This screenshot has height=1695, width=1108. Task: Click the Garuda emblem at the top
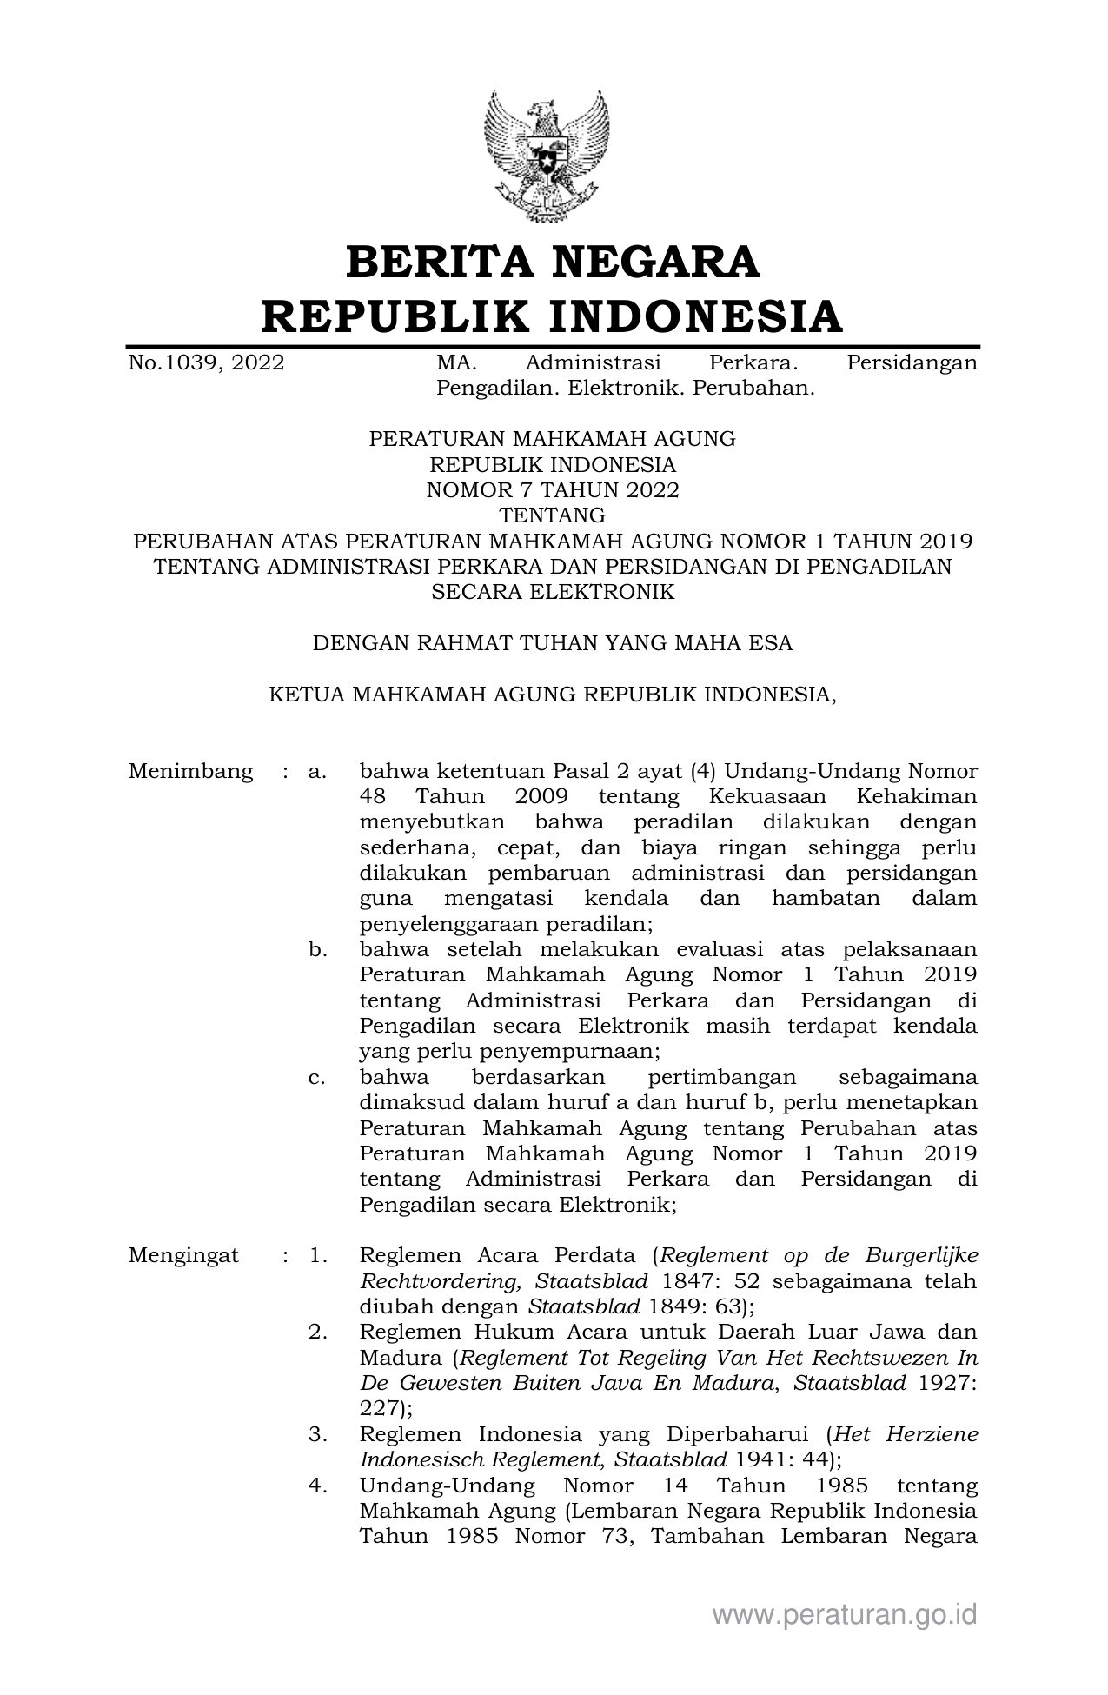tap(547, 156)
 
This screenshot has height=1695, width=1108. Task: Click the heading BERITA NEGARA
tap(553, 263)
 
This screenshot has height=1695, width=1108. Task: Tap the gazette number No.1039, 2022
tap(206, 362)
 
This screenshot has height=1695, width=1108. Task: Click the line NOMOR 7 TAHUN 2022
tap(553, 490)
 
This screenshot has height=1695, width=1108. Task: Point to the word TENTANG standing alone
tap(553, 515)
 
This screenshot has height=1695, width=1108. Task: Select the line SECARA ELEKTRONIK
tap(553, 592)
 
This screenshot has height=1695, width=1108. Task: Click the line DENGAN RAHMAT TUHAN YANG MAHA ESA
tap(553, 643)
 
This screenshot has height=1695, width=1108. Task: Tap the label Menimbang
tap(190, 771)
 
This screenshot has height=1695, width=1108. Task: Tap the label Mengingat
tap(183, 1255)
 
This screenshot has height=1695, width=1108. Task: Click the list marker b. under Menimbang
tap(317, 949)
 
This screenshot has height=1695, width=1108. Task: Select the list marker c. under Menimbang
tap(317, 1077)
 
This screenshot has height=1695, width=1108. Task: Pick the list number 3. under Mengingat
tap(317, 1433)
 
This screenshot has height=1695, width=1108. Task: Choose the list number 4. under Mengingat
tap(317, 1486)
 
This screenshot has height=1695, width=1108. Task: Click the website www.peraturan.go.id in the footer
tap(845, 1614)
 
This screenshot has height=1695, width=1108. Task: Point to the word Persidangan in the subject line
tap(912, 362)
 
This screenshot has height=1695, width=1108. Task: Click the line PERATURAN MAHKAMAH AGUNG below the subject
tap(553, 439)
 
